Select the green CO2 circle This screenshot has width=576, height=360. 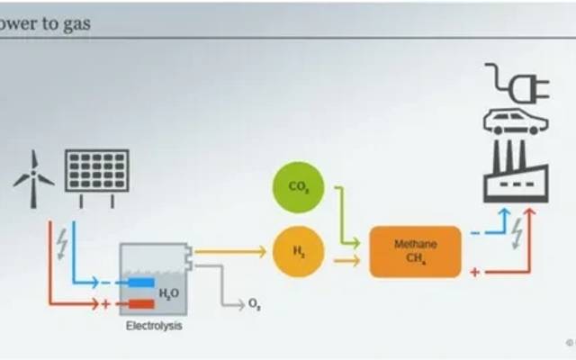click(298, 187)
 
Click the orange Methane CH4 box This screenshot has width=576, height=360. click(415, 251)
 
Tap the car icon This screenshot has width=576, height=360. click(515, 121)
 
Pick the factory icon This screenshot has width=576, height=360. click(515, 171)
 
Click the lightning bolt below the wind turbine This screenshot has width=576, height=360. click(60, 243)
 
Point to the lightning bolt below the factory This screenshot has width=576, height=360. click(517, 233)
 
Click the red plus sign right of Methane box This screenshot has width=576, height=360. click(474, 271)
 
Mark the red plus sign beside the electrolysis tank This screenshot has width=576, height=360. click(106, 304)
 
